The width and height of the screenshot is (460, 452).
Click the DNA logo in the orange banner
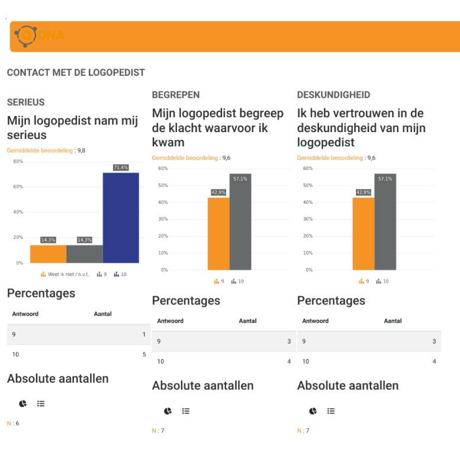[x=39, y=36]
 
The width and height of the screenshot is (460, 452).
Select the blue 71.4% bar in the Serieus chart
[x=121, y=217]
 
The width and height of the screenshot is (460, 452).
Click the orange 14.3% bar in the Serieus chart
[x=48, y=254]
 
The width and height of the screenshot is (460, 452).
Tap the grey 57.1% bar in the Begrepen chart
[x=240, y=222]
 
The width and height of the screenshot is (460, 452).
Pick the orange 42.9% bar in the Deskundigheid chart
[x=364, y=233]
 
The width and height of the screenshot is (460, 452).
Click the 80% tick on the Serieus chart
[x=18, y=162]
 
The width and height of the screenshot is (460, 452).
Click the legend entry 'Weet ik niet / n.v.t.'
[x=66, y=274]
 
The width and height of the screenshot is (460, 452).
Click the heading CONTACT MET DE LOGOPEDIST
[x=76, y=73]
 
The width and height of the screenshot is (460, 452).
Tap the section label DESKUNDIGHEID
[x=333, y=95]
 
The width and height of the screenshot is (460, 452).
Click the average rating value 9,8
[x=81, y=150]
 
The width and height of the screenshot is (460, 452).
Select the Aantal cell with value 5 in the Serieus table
[x=143, y=355]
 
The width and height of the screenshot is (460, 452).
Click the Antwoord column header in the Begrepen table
[x=171, y=321]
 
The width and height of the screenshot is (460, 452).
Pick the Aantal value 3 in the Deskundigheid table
[x=434, y=342]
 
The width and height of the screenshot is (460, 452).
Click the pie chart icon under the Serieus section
[x=22, y=403]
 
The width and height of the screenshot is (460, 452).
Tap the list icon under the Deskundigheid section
[x=331, y=411]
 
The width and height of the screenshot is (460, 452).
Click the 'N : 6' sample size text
[x=12, y=424]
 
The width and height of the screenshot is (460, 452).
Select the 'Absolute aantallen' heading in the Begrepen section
[x=202, y=386]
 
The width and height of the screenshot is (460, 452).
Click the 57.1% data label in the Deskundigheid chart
[x=385, y=179]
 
